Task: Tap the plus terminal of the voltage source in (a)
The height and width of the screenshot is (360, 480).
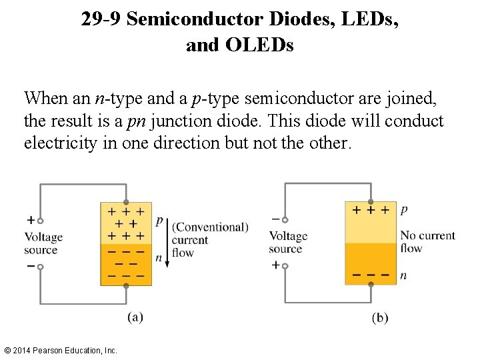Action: [40, 221]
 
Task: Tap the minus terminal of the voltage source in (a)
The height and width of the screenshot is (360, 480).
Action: [40, 267]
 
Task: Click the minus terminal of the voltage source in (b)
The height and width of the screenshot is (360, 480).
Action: [285, 219]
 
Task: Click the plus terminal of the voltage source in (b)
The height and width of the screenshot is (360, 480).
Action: [285, 265]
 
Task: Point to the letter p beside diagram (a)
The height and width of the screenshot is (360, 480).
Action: [159, 221]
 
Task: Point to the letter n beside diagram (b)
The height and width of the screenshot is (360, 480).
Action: [404, 275]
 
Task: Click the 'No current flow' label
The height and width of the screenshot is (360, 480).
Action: [427, 241]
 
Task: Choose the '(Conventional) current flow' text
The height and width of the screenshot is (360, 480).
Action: [209, 239]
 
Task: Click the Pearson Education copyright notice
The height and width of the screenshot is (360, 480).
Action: [60, 350]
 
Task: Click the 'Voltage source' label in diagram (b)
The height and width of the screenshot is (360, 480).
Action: [288, 242]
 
